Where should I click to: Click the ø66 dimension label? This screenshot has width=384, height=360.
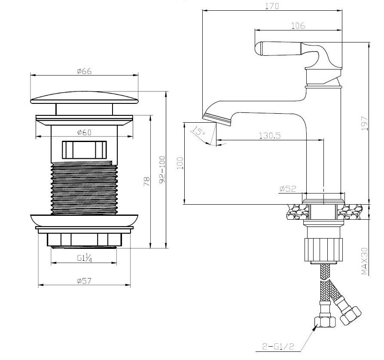click(x=84, y=71)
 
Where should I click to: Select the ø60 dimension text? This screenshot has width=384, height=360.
click(x=84, y=132)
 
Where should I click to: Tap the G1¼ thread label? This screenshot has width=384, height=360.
click(x=85, y=258)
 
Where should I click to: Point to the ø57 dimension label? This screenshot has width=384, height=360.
click(x=84, y=281)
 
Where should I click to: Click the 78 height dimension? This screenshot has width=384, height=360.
click(x=147, y=182)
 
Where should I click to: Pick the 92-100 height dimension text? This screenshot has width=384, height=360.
click(x=162, y=169)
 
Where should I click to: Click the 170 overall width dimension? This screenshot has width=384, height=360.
click(x=272, y=6)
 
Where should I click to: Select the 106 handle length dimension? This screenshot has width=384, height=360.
click(x=298, y=25)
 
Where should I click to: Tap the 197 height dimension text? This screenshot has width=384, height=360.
click(x=365, y=124)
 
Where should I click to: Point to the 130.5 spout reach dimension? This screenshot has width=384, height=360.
click(x=270, y=136)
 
